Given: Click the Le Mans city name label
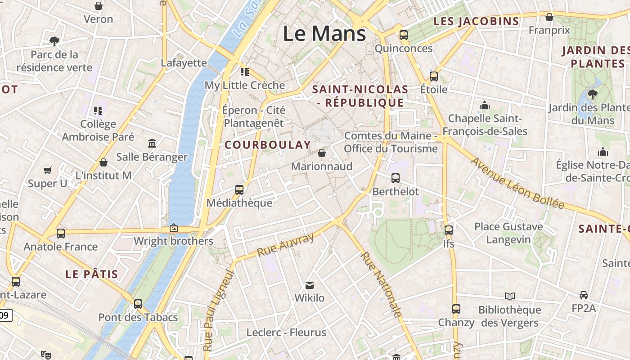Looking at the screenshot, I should (x=324, y=34).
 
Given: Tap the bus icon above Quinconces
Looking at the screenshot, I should (x=404, y=35).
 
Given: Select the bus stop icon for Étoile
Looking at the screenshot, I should (x=434, y=76).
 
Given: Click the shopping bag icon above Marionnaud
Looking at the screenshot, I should (x=322, y=153).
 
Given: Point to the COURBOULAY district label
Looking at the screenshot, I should (x=268, y=145).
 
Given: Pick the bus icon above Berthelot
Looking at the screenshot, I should (x=396, y=178).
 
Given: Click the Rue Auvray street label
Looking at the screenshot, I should (x=285, y=245).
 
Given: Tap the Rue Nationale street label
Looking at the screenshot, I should (x=381, y=284).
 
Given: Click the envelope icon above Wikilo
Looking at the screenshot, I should (x=310, y=285).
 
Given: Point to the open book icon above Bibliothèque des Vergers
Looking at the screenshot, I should (x=509, y=296).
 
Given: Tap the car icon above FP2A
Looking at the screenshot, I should (x=584, y=295).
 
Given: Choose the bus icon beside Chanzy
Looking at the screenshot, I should (x=456, y=309).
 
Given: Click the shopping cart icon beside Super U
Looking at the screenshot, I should (x=48, y=170).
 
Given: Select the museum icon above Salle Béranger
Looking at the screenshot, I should (x=152, y=144).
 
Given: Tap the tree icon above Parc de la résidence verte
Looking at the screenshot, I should (x=54, y=41).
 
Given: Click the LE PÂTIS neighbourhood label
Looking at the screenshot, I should (x=92, y=274).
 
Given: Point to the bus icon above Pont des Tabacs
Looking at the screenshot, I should (x=138, y=304).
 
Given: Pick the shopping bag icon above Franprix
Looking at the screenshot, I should (x=549, y=17).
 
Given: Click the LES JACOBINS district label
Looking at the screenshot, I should (x=476, y=21).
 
